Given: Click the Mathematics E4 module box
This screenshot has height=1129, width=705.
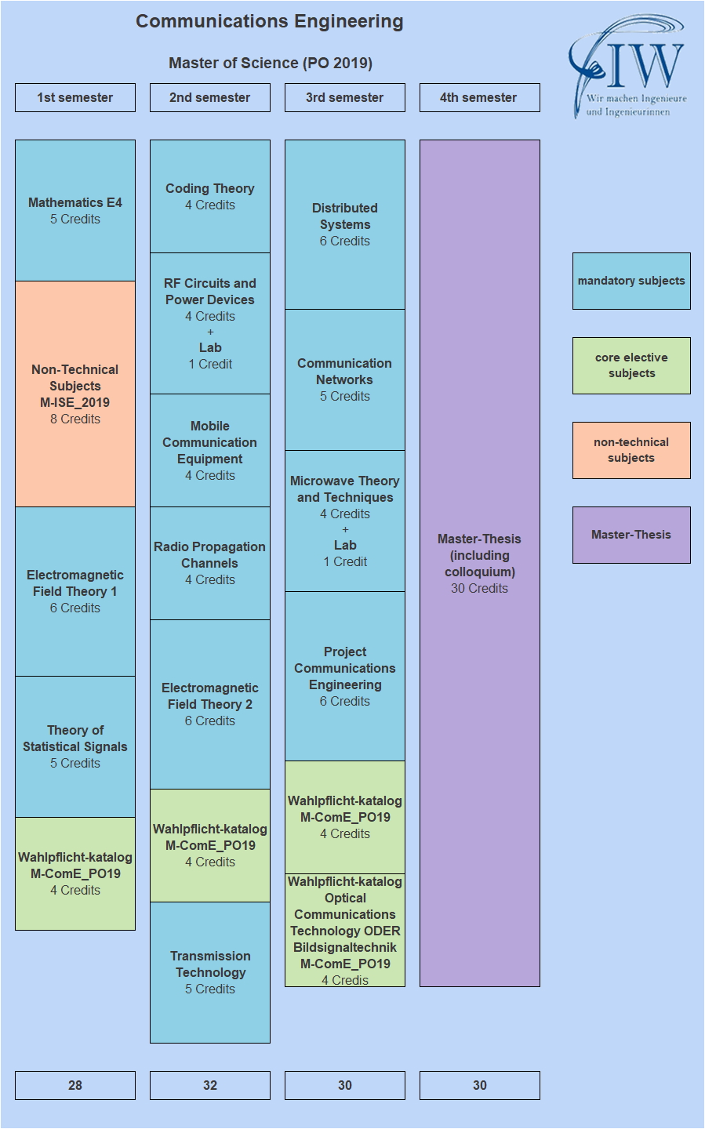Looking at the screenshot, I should click(x=75, y=210).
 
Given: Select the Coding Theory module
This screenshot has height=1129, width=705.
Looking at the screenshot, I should click(x=210, y=196).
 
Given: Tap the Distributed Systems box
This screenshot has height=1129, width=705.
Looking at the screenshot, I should click(x=345, y=224).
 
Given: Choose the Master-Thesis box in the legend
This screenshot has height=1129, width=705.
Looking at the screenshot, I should click(x=631, y=535).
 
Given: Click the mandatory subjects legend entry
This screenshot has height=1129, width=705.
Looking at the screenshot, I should click(x=631, y=281).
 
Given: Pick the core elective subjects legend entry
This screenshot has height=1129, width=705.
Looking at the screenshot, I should click(x=631, y=365).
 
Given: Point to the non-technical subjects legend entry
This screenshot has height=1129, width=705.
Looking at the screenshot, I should click(x=631, y=450).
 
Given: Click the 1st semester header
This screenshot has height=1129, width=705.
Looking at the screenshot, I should click(x=75, y=97).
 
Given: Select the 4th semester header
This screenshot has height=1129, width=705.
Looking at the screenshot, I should click(x=479, y=97).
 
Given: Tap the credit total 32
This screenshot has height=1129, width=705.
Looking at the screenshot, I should click(x=210, y=1085).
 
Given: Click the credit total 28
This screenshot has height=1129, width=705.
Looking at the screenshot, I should click(x=75, y=1085).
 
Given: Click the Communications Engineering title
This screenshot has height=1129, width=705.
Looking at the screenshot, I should click(x=270, y=22).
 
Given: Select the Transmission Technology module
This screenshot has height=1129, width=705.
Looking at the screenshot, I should click(x=210, y=972).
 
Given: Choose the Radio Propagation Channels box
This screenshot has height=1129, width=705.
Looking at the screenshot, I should click(x=210, y=563).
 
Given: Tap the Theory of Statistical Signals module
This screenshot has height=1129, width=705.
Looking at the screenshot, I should click(x=75, y=746).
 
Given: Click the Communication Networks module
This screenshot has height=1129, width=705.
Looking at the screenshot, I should click(x=345, y=379).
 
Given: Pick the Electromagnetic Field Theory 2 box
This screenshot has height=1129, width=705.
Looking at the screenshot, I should click(x=210, y=704).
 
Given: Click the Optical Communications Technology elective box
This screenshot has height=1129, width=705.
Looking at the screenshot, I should click(x=345, y=930).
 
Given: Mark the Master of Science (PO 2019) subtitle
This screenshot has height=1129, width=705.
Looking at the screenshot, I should click(x=271, y=63).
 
